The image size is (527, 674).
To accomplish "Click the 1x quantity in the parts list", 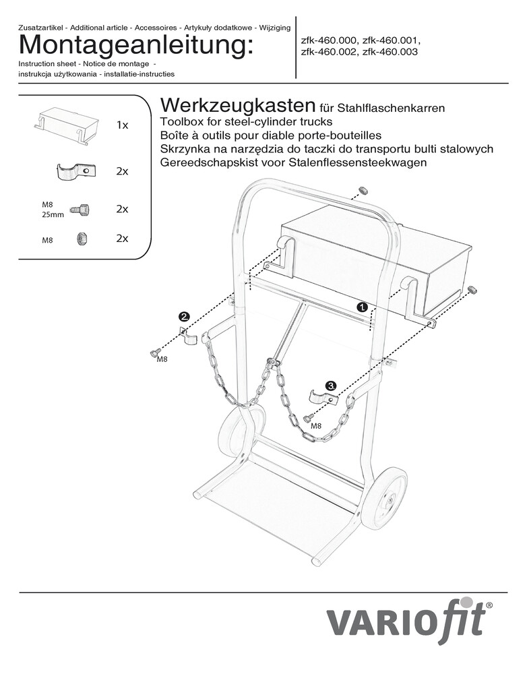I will coord(122,125).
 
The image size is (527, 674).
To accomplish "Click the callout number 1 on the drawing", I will coord(362,306).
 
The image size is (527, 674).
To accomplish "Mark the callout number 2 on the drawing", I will coord(183,315).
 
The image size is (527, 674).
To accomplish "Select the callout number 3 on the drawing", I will coord(330,386).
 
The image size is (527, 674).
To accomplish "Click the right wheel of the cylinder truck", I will coord(384,498).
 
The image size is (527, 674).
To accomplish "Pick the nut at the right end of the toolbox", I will coord(473,290).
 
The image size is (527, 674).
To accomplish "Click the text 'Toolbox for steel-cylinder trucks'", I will coord(247,122).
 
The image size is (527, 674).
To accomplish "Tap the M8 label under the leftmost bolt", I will coord(162,360).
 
